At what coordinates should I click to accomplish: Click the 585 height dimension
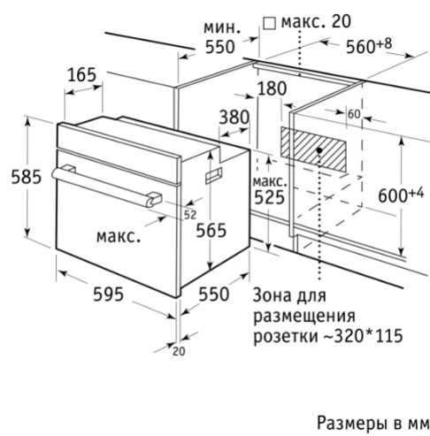pyautogui.click(x=27, y=178)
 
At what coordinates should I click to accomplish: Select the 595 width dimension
pyautogui.click(x=108, y=294)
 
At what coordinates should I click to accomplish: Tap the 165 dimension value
pyautogui.click(x=82, y=75)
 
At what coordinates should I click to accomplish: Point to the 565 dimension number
pyautogui.click(x=211, y=230)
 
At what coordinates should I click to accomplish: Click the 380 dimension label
pyautogui.click(x=234, y=117)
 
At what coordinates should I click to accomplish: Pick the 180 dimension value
pyautogui.click(x=272, y=88)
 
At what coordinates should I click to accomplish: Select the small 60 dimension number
pyautogui.click(x=354, y=114)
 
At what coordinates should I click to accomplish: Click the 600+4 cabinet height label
pyautogui.click(x=401, y=195)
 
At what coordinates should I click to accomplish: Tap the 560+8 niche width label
pyautogui.click(x=369, y=46)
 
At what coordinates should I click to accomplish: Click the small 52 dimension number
pyautogui.click(x=190, y=215)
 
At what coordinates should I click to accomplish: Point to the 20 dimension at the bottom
pyautogui.click(x=179, y=351)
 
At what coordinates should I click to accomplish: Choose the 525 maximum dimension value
pyautogui.click(x=269, y=197)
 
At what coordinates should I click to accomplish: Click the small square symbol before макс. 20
pyautogui.click(x=269, y=24)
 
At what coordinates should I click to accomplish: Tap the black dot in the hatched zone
pyautogui.click(x=319, y=149)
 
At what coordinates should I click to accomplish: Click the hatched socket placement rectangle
pyautogui.click(x=313, y=149)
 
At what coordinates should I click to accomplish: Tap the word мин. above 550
pyautogui.click(x=222, y=28)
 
